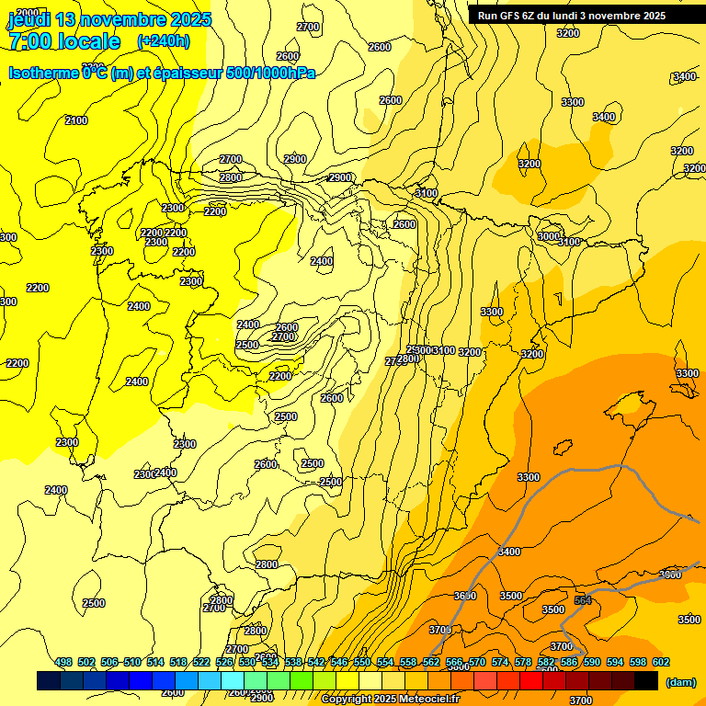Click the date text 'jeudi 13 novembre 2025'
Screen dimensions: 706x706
click(109, 19)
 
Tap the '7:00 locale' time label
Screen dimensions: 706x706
click(64, 41)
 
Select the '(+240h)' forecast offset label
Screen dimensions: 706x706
click(164, 41)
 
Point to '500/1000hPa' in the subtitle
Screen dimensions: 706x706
click(270, 73)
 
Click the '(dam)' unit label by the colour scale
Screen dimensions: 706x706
click(680, 681)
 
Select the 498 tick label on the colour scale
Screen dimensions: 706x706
click(63, 662)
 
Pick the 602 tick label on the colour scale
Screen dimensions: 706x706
click(660, 662)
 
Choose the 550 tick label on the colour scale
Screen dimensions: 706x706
click(362, 662)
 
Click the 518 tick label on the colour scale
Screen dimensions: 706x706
click(178, 662)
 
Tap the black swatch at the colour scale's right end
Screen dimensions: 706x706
click(646, 680)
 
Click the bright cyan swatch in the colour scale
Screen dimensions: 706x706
click(233, 680)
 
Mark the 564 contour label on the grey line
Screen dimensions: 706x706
click(583, 600)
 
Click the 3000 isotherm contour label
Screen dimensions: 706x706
click(548, 237)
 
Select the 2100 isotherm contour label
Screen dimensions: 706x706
click(76, 120)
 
